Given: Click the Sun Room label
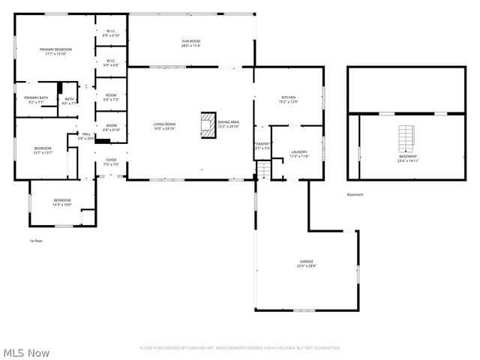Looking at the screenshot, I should click(190, 43).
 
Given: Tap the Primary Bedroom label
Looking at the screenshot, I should click(55, 52).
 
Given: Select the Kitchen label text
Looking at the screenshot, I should click(289, 99).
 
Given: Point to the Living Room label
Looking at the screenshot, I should click(164, 126).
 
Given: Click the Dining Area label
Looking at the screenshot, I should click(228, 124).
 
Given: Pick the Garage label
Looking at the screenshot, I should click(306, 263).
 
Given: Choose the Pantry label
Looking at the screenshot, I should click(262, 145).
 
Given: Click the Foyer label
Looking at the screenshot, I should click(111, 162).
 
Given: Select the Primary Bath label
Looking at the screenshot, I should click(36, 100).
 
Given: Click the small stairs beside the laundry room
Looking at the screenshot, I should click(263, 172).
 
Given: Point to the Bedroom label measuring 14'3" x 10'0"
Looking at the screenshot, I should click(61, 202).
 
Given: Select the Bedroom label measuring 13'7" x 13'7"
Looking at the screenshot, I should click(42, 150).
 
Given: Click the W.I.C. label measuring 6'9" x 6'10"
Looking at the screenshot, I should click(111, 33).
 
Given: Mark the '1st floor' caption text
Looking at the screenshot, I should click(36, 241).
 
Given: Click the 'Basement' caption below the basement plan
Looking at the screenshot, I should click(355, 195).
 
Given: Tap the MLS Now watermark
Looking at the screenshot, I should click(26, 352).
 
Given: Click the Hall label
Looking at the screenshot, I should click(85, 136).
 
